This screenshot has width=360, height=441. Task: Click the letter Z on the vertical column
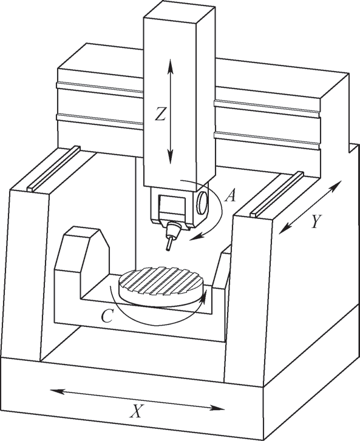pyautogui.click(x=160, y=115)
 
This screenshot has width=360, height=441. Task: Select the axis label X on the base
pyautogui.click(x=137, y=411)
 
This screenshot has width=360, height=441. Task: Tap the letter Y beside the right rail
pyautogui.click(x=317, y=221)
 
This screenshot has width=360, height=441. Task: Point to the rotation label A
pyautogui.click(x=230, y=195)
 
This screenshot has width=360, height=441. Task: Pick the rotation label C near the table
pyautogui.click(x=107, y=316)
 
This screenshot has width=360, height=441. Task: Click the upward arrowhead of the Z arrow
pyautogui.click(x=171, y=66)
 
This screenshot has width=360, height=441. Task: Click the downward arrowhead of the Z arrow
pyautogui.click(x=171, y=157)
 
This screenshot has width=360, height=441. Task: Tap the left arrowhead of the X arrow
pyautogui.click(x=57, y=391)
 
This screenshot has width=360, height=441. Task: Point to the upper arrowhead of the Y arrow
pyautogui.click(x=336, y=186)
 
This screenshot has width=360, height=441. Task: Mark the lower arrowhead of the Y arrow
pyautogui.click(x=285, y=228)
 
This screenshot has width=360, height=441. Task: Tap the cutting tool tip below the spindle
pyautogui.click(x=168, y=249)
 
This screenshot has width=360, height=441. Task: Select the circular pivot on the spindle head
pyautogui.click(x=202, y=202)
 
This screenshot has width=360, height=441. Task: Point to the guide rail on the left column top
pyautogui.click(x=54, y=168)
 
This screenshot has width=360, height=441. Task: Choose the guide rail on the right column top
pyautogui.click(x=277, y=194)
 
